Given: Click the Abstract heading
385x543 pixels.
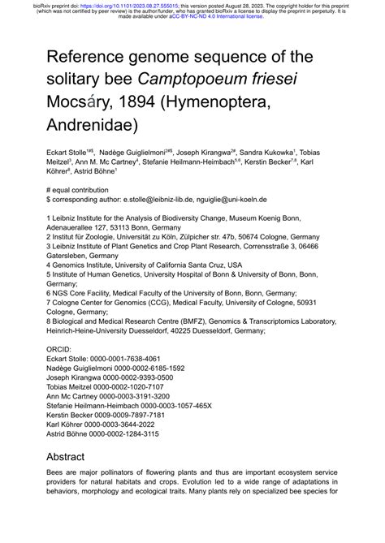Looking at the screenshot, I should point(71,455).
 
